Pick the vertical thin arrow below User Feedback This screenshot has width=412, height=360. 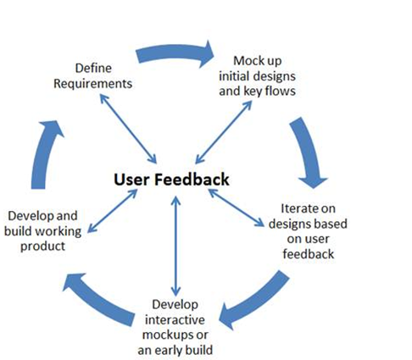coord(175,242)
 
